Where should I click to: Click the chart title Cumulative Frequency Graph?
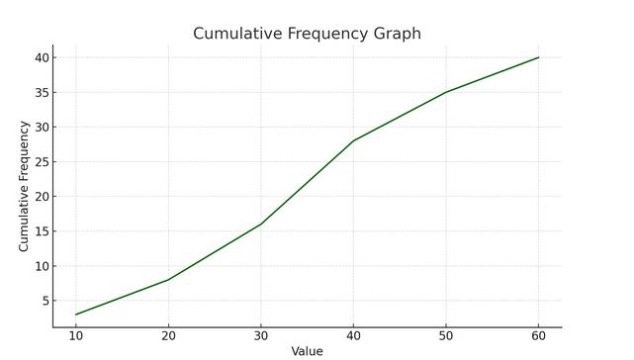(x=307, y=34)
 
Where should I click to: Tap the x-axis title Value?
(x=307, y=351)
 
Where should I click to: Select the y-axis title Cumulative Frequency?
(x=25, y=186)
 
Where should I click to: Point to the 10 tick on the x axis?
(x=76, y=336)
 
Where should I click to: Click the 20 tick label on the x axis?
(x=169, y=336)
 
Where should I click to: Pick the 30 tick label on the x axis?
(x=261, y=336)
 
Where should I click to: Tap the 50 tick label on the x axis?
(x=446, y=336)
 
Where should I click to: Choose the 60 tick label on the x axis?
(x=539, y=336)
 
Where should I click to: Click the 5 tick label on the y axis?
(x=44, y=301)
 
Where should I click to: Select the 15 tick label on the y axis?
(x=41, y=231)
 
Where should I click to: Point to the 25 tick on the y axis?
(x=41, y=162)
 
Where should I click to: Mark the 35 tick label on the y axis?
(x=41, y=93)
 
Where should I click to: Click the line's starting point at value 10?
(x=76, y=315)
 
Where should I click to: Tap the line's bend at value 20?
(x=169, y=280)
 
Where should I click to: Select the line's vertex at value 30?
(x=261, y=225)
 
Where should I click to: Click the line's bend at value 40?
(x=354, y=140)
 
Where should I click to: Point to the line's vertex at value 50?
(x=446, y=92)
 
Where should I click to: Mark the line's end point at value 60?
(x=539, y=57)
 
